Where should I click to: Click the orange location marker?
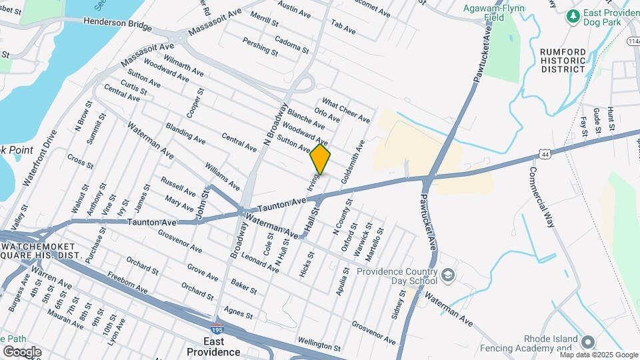[x=321, y=159]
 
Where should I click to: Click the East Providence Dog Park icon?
[x=571, y=15]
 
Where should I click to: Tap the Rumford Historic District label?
[x=563, y=60]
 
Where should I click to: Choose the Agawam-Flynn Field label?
[x=495, y=13]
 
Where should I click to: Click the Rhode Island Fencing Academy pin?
[x=587, y=342]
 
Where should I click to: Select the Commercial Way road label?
[x=542, y=197]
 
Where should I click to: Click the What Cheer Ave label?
[x=345, y=112]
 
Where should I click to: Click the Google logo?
[x=22, y=351]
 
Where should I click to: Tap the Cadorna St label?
[x=291, y=45]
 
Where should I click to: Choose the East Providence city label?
[x=213, y=346]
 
